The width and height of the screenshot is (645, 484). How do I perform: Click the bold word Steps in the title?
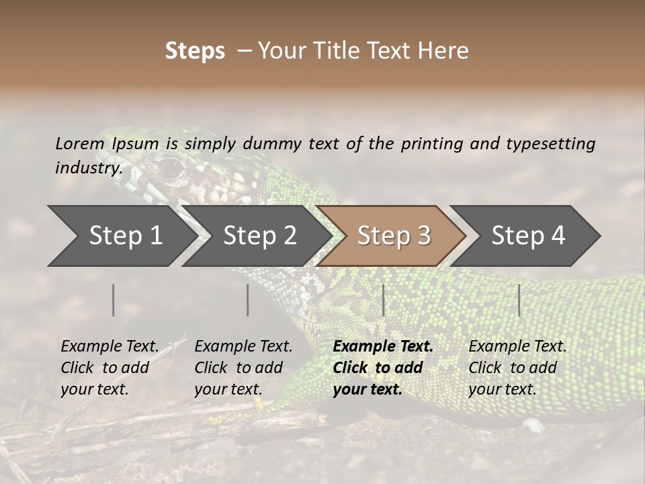click(x=195, y=51)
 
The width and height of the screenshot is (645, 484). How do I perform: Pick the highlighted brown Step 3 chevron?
click(x=393, y=236)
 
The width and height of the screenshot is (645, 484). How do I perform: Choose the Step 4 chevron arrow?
click(x=527, y=236)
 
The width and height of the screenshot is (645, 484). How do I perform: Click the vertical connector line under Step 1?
click(x=114, y=300)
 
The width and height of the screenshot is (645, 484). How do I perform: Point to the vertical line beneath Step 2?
click(x=248, y=300)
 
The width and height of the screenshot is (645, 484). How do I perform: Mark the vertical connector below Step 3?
click(x=383, y=300)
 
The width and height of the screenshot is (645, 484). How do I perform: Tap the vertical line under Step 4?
click(x=519, y=300)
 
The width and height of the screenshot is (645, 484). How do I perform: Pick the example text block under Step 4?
click(x=517, y=368)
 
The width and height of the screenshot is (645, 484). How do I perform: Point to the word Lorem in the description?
click(x=80, y=143)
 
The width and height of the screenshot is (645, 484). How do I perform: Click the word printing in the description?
click(x=432, y=144)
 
